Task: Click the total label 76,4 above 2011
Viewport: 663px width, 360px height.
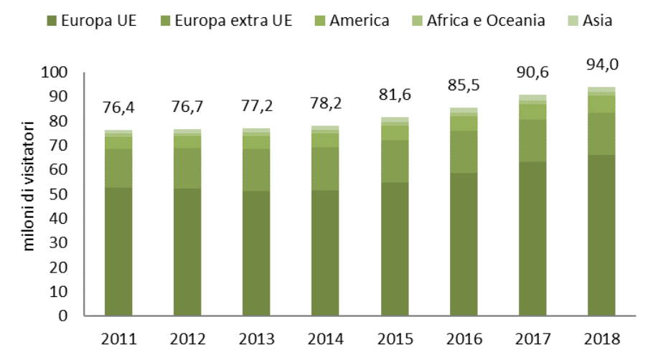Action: [x=118, y=108]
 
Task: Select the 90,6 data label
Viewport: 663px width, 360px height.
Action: [x=533, y=74]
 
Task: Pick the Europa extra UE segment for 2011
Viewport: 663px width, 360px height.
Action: [x=118, y=168]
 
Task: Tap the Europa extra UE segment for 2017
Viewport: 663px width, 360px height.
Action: [x=533, y=141]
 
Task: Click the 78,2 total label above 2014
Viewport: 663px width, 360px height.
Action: [x=326, y=104]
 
